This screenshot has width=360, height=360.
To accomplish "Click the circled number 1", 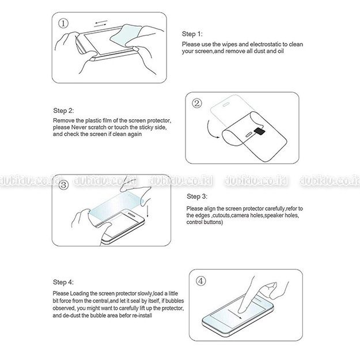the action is point(63,24).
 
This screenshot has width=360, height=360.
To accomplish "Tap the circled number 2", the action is point(197,103).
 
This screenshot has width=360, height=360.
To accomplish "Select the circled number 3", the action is point(63,185).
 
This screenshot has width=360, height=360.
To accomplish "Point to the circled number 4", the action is point(201,281).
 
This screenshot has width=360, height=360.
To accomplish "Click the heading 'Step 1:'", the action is point(192,34).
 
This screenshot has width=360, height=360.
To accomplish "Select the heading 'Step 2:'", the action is point(63,111).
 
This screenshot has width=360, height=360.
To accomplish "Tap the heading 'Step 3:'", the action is point(197,196).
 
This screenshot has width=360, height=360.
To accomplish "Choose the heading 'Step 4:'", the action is point(63,282).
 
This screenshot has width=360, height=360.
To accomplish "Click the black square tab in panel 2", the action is point(260,131).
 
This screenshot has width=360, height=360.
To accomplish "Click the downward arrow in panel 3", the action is point(147,208).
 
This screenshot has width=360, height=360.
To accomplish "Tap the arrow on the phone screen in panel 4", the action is point(234,314).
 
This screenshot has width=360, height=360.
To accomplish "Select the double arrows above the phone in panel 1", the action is point(101,24).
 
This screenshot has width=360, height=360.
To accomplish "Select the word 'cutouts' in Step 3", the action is point(222,215).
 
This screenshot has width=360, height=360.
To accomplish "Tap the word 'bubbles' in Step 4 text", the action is point(175,301).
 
